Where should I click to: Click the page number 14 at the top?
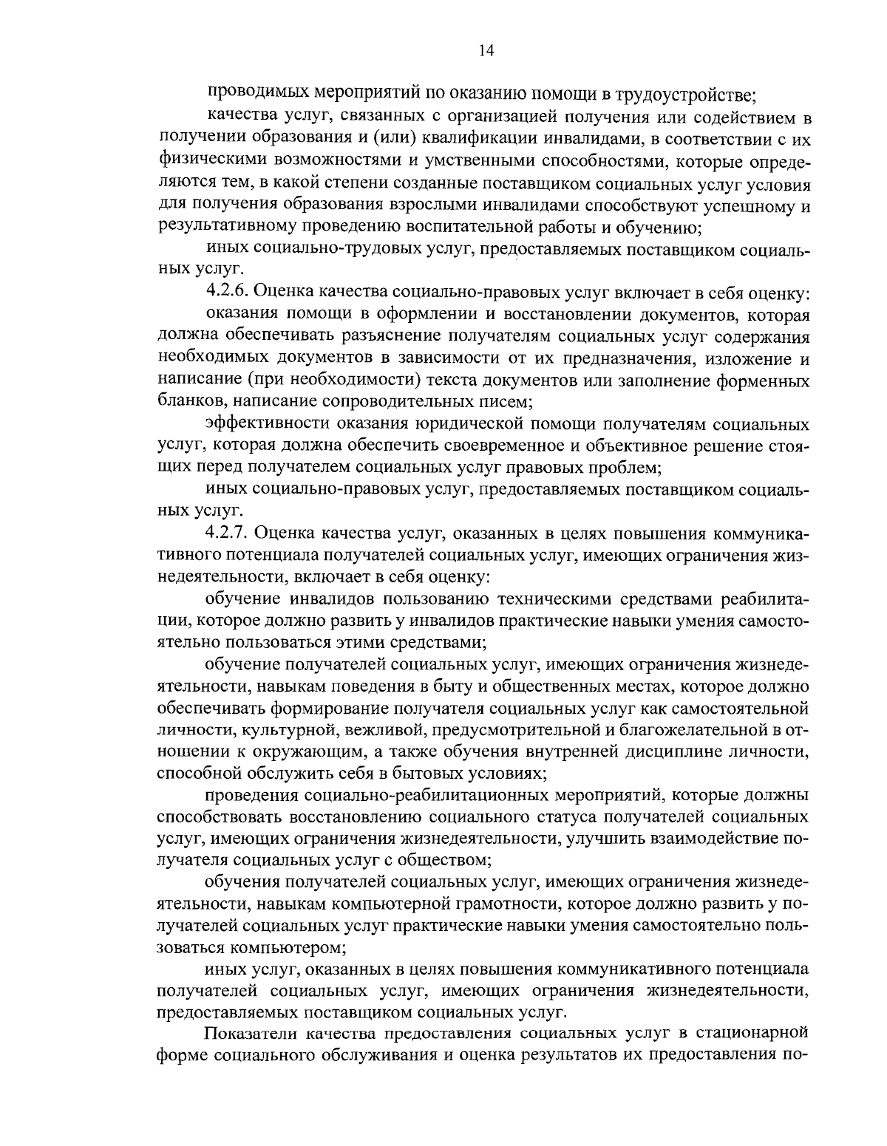(x=486, y=50)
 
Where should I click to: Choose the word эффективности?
(x=268, y=424)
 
